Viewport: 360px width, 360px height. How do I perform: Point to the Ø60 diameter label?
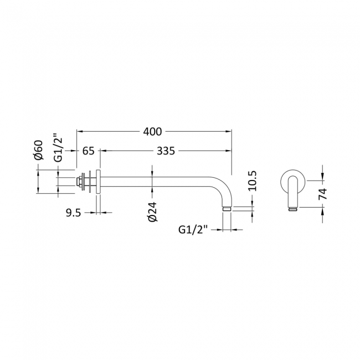pyautogui.click(x=38, y=150)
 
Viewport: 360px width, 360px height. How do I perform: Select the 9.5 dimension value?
pyautogui.click(x=73, y=213)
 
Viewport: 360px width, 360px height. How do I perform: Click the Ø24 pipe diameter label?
pyautogui.click(x=153, y=212)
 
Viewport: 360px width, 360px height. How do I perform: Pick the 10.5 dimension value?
pyautogui.click(x=253, y=181)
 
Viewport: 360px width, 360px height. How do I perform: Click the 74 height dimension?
pyautogui.click(x=323, y=193)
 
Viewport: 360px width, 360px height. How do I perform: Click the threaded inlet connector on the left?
pyautogui.click(x=84, y=181)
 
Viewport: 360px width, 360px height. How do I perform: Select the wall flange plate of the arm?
pyautogui.click(x=97, y=181)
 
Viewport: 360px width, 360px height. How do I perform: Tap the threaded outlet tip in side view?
pyautogui.click(x=227, y=209)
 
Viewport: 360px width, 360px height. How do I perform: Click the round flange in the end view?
pyautogui.click(x=294, y=181)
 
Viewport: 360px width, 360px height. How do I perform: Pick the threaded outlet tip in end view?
pyautogui.click(x=294, y=209)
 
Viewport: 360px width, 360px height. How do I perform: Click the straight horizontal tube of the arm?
pyautogui.click(x=161, y=181)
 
